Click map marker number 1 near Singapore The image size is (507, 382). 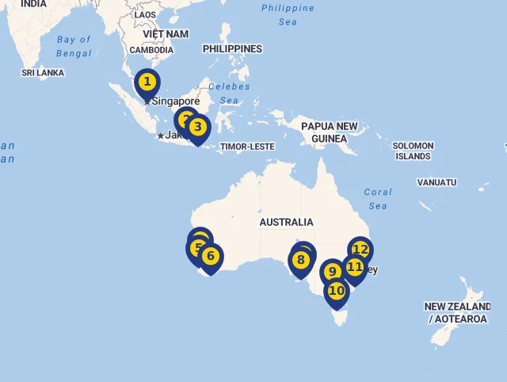tap(147, 82)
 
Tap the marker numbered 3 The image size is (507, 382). tap(198, 127)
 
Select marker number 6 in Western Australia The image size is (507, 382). tap(210, 256)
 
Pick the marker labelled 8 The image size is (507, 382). tap(300, 260)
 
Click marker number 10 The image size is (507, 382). tap(337, 291)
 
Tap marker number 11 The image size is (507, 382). tap(355, 267)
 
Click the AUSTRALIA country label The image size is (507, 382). tap(286, 223)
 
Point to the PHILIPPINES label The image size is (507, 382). tap(232, 49)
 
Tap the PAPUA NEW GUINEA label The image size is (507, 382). tap(329, 132)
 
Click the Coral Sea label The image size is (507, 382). tap(378, 199)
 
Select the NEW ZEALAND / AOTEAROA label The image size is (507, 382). tap(457, 313)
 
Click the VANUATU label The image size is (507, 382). tap(436, 182)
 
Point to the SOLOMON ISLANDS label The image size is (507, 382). tap(413, 151)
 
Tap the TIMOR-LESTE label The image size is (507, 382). tap(247, 147)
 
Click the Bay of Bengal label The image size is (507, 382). tap(74, 47)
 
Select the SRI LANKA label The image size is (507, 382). tap(43, 73)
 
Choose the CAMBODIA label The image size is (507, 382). tap(151, 50)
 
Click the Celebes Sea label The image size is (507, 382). tap(229, 94)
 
